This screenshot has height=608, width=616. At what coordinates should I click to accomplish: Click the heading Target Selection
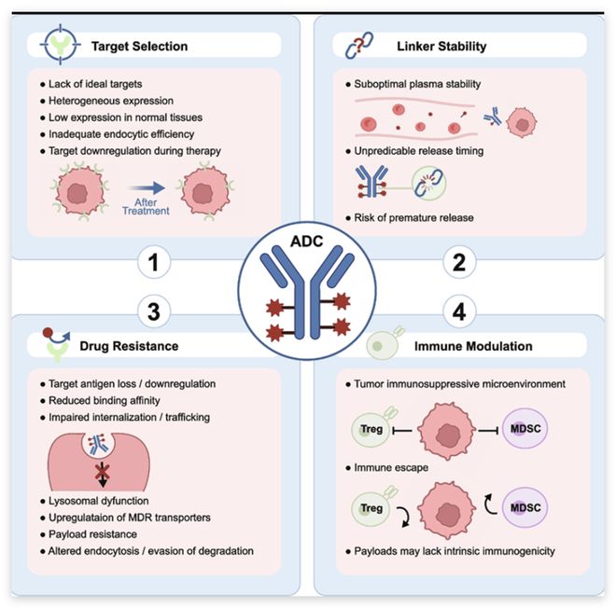(139, 45)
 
